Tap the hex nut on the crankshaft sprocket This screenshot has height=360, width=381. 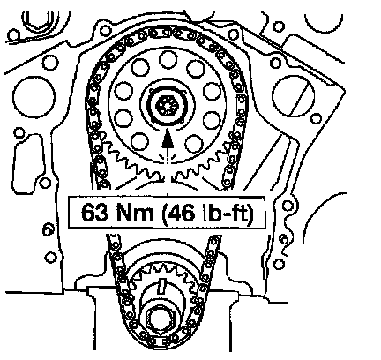(x=161, y=319)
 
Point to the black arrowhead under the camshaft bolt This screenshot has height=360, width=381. (x=168, y=139)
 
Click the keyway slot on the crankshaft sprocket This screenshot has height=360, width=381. (x=161, y=287)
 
